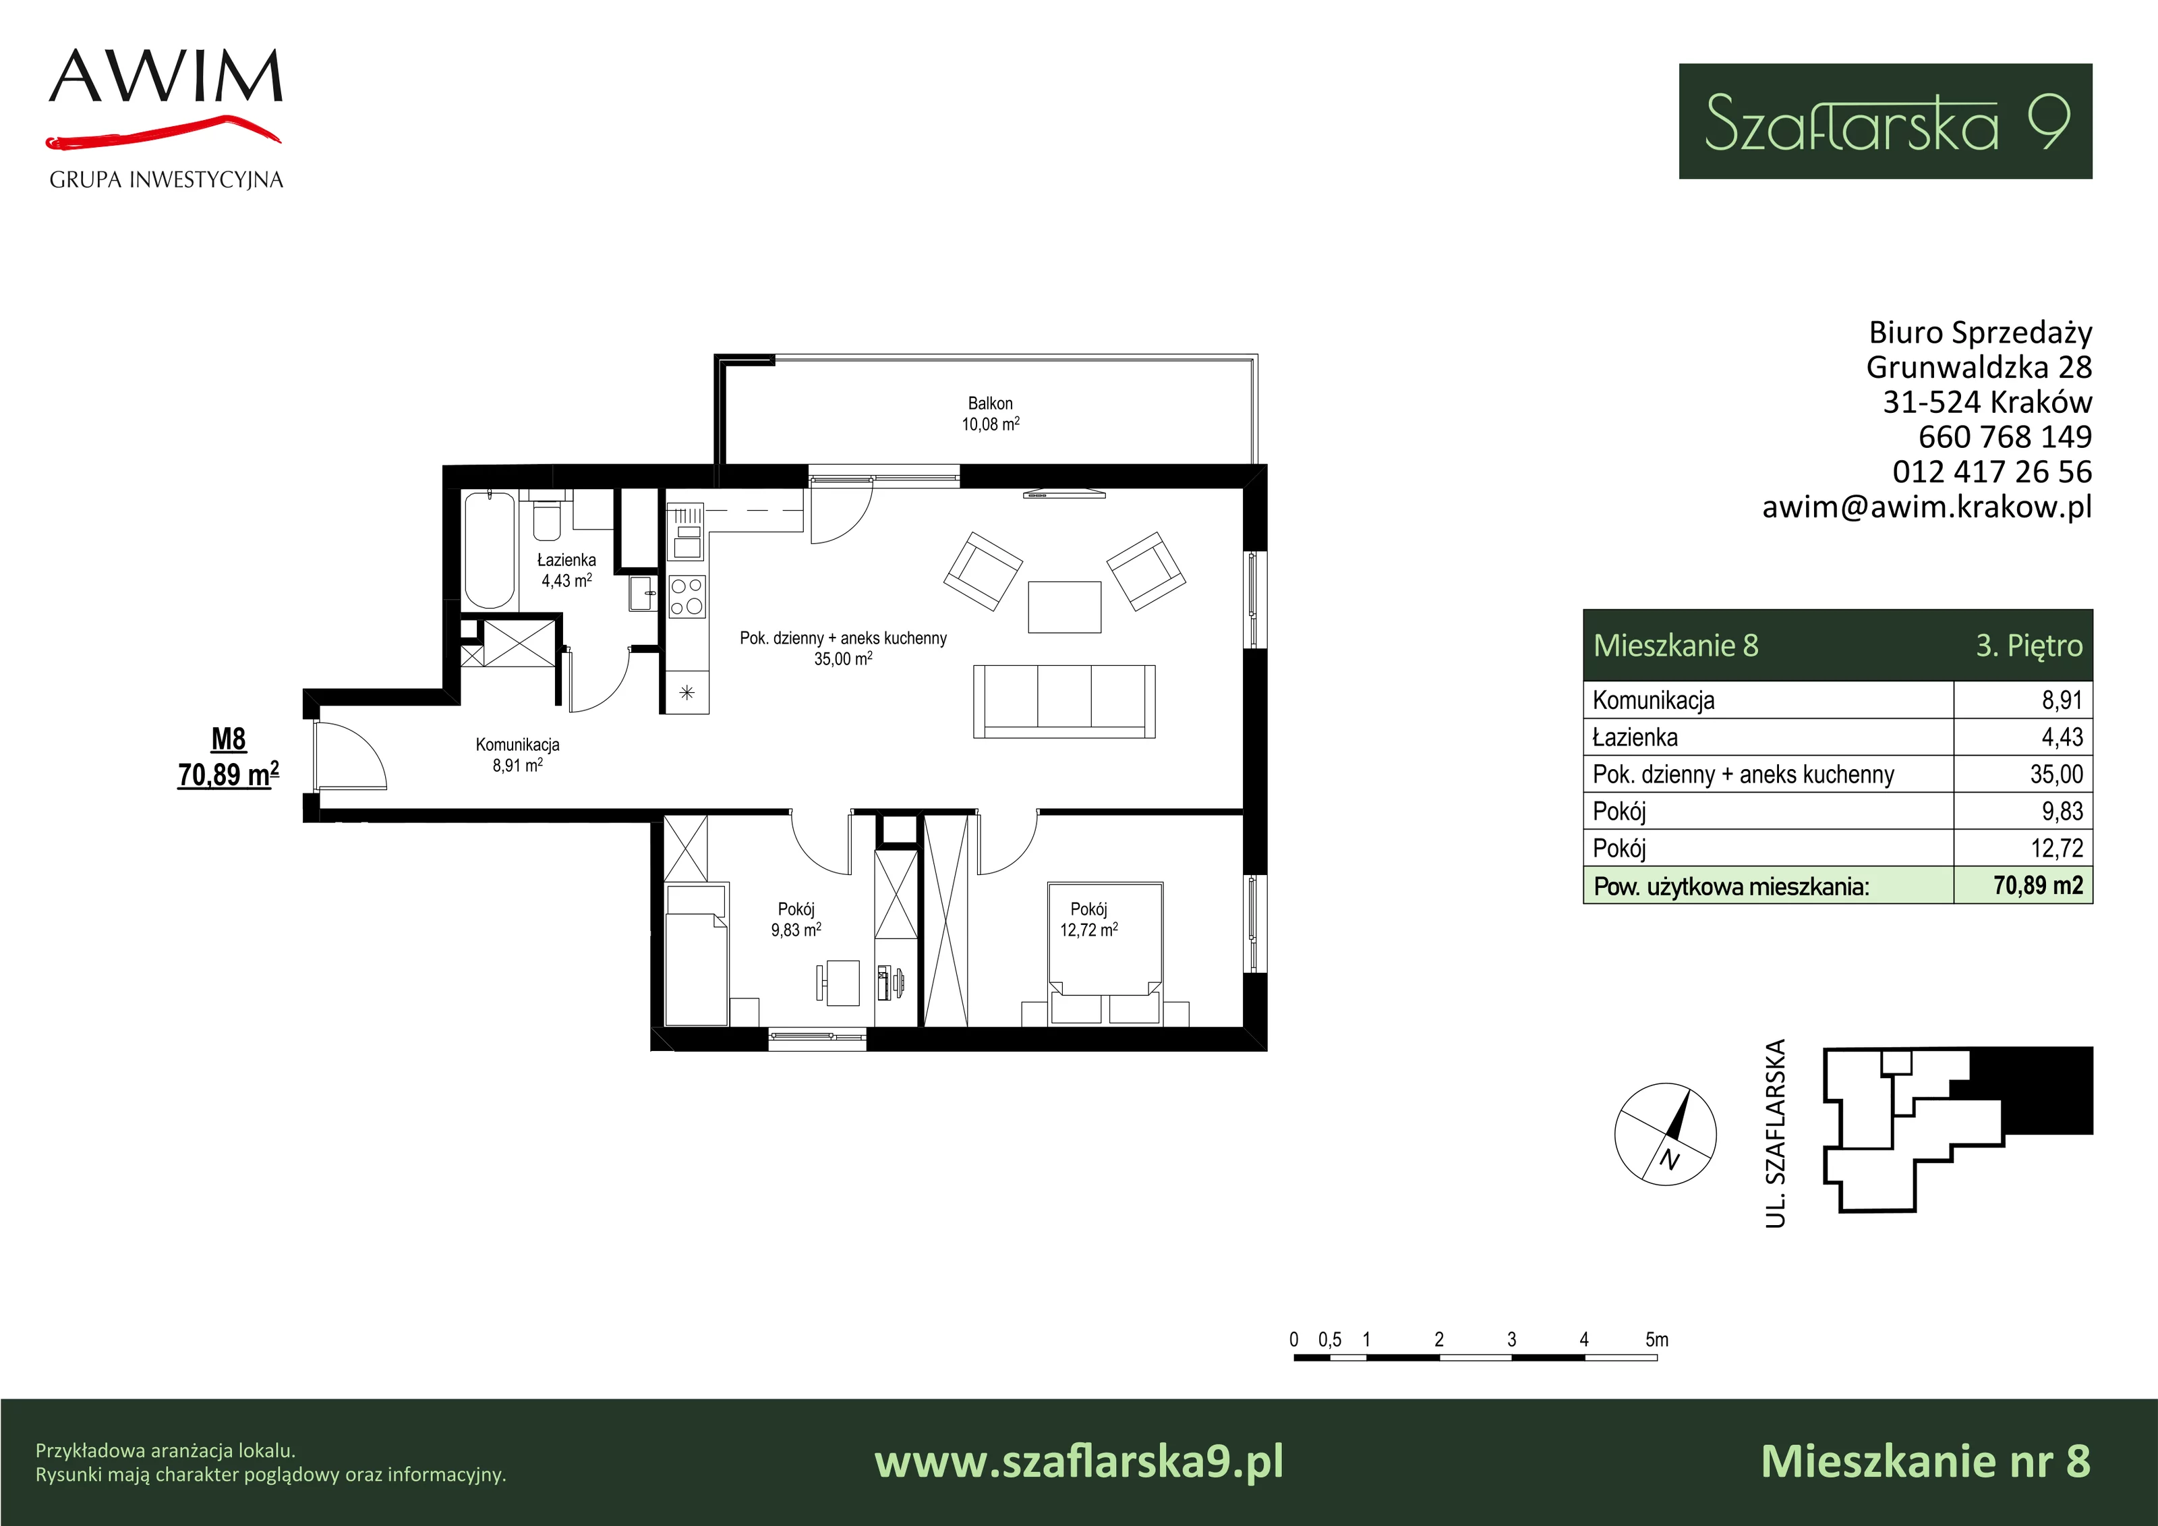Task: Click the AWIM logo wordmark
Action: click(x=165, y=76)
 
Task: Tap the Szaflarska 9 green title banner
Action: click(x=1886, y=121)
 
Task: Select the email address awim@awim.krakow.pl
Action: click(x=1927, y=507)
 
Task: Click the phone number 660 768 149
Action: click(x=2005, y=436)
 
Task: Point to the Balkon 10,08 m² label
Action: click(x=990, y=414)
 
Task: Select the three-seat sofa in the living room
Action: click(x=1064, y=702)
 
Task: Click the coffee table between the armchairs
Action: click(x=1064, y=607)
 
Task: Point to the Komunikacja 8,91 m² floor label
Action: click(x=517, y=755)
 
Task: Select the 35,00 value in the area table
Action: click(x=2055, y=774)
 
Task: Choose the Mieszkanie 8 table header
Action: click(x=1676, y=646)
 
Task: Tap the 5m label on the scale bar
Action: click(x=1657, y=1339)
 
